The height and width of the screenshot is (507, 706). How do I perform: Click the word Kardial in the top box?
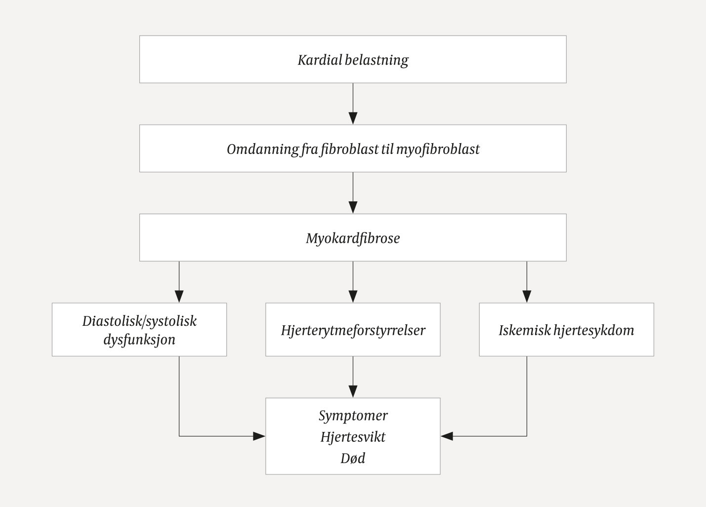point(319,60)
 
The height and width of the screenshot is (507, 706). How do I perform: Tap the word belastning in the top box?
point(376,60)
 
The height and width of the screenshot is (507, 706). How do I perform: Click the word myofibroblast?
point(438,149)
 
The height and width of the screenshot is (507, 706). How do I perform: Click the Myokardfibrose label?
point(353,238)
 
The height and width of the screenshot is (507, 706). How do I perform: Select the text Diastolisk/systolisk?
point(139,321)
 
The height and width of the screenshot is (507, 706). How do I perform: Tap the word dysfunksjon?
point(139,340)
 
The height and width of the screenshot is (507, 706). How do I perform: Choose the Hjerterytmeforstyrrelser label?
point(353,330)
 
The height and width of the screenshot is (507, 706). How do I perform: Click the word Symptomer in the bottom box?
point(353,416)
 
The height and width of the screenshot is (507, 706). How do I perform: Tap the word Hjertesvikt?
point(353,437)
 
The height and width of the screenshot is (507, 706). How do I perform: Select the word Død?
point(353,458)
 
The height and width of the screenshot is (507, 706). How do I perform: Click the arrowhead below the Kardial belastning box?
point(353,118)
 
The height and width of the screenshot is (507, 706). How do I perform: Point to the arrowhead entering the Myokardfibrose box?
point(353,207)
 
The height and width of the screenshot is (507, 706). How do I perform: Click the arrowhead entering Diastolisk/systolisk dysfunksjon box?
point(179,296)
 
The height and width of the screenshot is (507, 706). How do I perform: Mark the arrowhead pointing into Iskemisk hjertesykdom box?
point(527,296)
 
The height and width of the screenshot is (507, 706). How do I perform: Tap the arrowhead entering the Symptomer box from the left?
point(259,436)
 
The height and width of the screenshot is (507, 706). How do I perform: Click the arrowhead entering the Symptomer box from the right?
point(447,436)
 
